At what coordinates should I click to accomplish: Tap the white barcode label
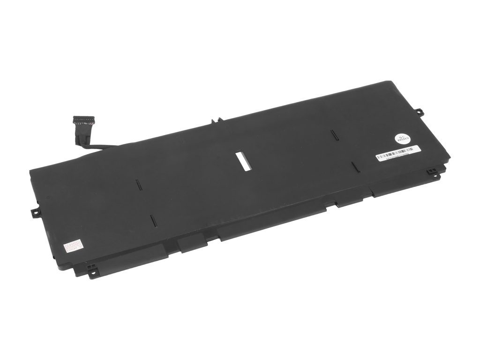pyautogui.click(x=398, y=153)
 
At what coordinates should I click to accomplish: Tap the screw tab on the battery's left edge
pyautogui.click(x=35, y=212)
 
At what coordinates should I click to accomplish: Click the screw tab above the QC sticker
pyautogui.click(x=419, y=112)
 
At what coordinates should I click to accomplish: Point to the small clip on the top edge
pyautogui.click(x=215, y=120)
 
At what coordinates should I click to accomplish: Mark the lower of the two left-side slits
pyautogui.click(x=152, y=220)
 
